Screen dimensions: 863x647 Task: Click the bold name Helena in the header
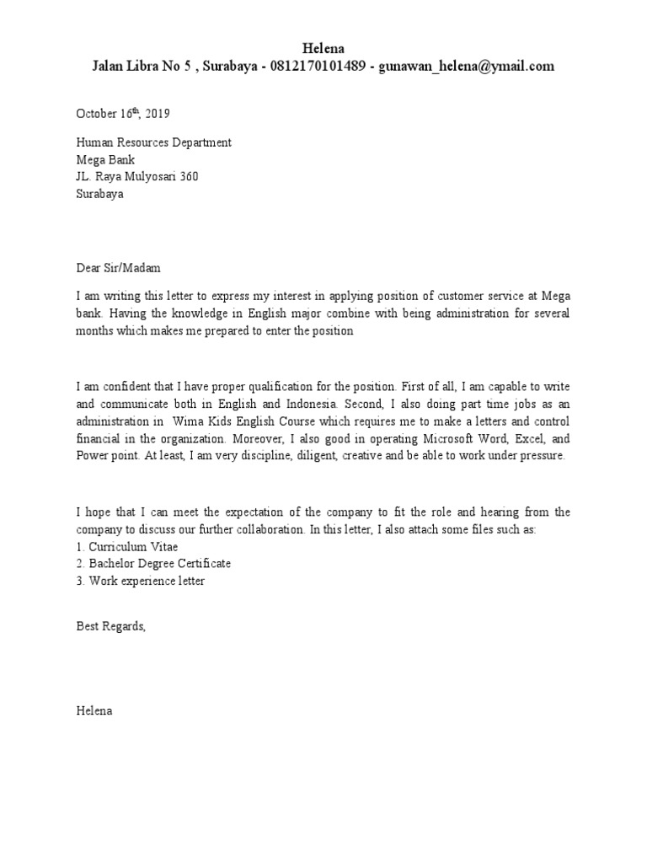[323, 48]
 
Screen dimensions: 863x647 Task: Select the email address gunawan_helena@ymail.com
[467, 67]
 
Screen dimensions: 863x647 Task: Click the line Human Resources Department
[153, 142]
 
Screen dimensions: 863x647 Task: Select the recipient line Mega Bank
[105, 159]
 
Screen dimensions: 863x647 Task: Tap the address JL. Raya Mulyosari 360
[137, 176]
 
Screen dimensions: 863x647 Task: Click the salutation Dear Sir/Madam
[117, 268]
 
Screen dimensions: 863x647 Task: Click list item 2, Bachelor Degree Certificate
[153, 563]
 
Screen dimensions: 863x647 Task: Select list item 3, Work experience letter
[140, 581]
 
